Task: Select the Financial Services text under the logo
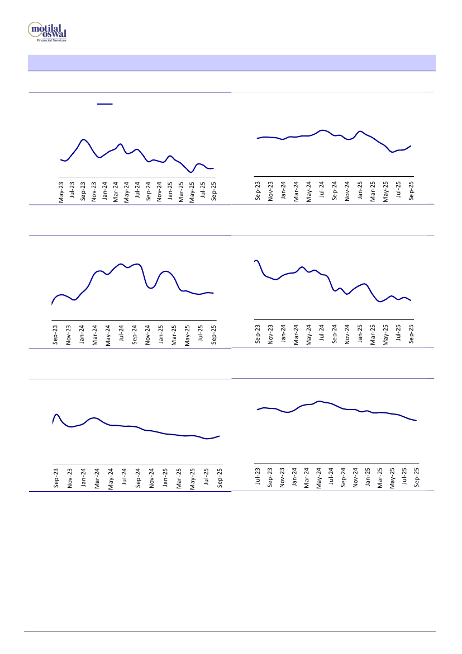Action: pos(51,41)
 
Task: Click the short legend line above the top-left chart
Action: pos(105,103)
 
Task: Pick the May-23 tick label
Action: pos(61,191)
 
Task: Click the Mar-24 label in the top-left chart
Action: pos(116,191)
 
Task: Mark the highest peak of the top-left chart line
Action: pos(83,139)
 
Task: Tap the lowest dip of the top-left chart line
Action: pos(191,172)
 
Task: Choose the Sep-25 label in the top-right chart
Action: pos(412,190)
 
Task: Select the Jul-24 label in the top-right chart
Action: pos(322,190)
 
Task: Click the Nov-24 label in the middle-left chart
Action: pos(148,333)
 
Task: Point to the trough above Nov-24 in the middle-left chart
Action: pos(150,288)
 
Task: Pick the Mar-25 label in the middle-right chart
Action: pos(373,333)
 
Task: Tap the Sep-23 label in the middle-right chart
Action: pos(258,333)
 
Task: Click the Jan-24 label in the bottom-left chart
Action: pos(83,477)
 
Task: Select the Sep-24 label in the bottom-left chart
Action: pos(138,477)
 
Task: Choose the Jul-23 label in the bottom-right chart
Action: pos(258,477)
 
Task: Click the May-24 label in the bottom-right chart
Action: pos(319,477)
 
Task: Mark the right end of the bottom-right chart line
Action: pos(416,420)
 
